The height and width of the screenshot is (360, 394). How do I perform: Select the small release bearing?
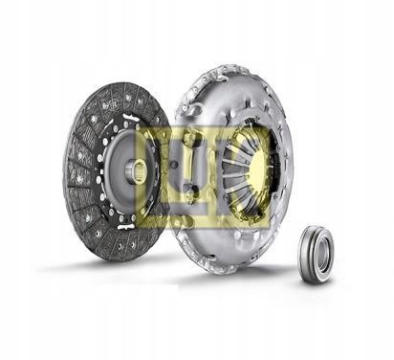(x=315, y=251)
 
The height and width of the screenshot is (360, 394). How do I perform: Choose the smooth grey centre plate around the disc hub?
(x=120, y=191)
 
